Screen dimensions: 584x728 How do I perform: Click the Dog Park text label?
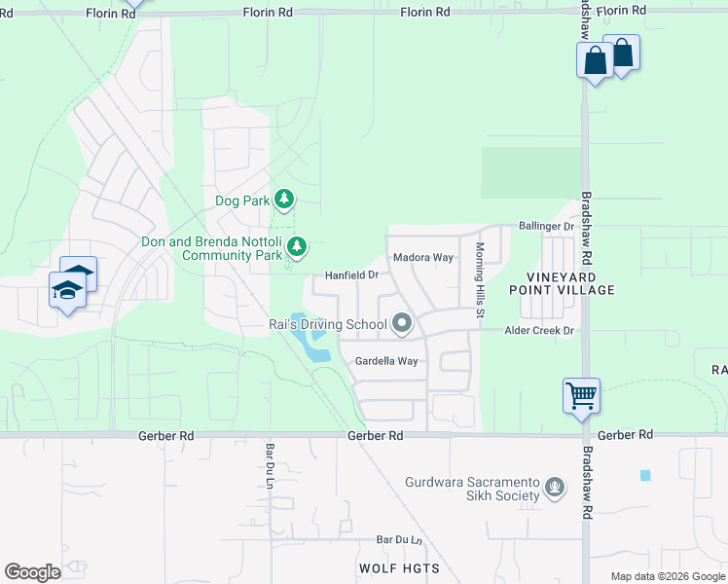pyautogui.click(x=240, y=201)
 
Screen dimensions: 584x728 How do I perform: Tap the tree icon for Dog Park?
pyautogui.click(x=283, y=201)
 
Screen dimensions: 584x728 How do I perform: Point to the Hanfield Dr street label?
pyautogui.click(x=350, y=275)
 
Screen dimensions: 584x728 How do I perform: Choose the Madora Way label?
pyautogui.click(x=422, y=258)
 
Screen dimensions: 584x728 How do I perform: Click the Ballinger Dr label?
pyautogui.click(x=546, y=226)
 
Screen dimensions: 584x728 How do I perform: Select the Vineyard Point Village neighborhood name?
pyautogui.click(x=563, y=283)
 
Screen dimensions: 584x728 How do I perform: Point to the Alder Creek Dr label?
pyautogui.click(x=540, y=331)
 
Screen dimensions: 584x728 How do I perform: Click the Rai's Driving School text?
pyautogui.click(x=327, y=326)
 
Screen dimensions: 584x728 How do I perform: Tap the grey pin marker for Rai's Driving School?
pyautogui.click(x=401, y=324)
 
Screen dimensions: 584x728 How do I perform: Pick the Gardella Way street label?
pyautogui.click(x=386, y=361)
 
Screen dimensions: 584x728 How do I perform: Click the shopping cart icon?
pyautogui.click(x=581, y=396)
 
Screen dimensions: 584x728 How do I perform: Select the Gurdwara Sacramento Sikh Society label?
pyautogui.click(x=472, y=489)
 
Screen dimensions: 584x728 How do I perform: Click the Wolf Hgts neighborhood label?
pyautogui.click(x=399, y=568)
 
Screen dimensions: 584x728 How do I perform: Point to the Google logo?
pyautogui.click(x=32, y=572)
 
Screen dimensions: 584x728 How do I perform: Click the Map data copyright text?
pyautogui.click(x=668, y=576)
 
